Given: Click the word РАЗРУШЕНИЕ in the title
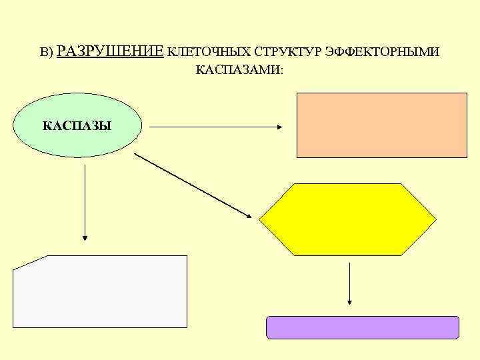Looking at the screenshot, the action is pyautogui.click(x=111, y=51).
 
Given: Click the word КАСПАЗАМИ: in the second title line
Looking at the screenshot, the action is pyautogui.click(x=239, y=69).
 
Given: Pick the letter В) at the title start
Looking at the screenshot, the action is pyautogui.click(x=46, y=53).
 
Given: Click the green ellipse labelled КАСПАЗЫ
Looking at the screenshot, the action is pyautogui.click(x=77, y=125).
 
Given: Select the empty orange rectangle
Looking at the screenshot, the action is pyautogui.click(x=381, y=125).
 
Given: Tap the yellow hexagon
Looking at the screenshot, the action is pyautogui.click(x=347, y=219).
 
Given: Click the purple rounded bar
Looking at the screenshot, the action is pyautogui.click(x=363, y=327).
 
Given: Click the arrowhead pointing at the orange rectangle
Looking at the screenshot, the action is pyautogui.click(x=281, y=126).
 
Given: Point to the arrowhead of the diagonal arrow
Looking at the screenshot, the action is pyautogui.click(x=247, y=215).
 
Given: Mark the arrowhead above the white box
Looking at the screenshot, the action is pyautogui.click(x=85, y=236).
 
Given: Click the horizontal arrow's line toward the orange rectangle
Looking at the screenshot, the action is pyautogui.click(x=213, y=126).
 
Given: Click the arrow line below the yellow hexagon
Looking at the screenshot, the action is pyautogui.click(x=349, y=280).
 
